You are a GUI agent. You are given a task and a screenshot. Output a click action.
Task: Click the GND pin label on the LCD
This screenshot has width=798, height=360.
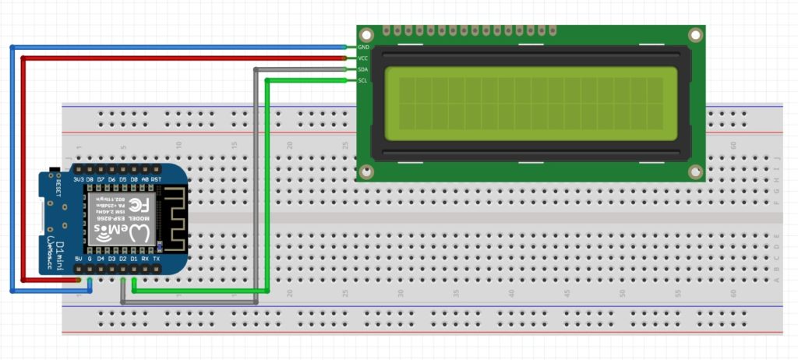[363, 48]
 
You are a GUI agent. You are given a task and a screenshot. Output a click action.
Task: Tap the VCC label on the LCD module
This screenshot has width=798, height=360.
[363, 58]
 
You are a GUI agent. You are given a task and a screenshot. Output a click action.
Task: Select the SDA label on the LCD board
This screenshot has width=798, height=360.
[363, 69]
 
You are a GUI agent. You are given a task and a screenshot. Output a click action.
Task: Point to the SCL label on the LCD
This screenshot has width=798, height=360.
[363, 80]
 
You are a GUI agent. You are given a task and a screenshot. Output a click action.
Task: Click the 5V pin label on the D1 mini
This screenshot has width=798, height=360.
[78, 259]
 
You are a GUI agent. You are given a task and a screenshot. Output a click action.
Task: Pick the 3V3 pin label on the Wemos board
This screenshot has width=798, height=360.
[78, 179]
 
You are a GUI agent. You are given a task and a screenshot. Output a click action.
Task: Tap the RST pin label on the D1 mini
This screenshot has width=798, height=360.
[157, 179]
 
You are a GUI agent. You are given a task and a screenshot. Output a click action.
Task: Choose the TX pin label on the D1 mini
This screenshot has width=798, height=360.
[157, 259]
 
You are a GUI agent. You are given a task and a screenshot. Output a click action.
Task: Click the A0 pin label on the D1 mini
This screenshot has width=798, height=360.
[145, 179]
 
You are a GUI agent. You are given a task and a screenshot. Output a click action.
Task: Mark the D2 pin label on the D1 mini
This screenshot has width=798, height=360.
[122, 259]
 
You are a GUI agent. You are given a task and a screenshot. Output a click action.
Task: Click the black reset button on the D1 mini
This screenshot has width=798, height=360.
[53, 170]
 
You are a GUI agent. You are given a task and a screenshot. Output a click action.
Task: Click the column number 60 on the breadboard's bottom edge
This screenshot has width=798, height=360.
[733, 294]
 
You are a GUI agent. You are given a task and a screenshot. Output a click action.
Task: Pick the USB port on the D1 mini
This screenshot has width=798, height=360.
[42, 220]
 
